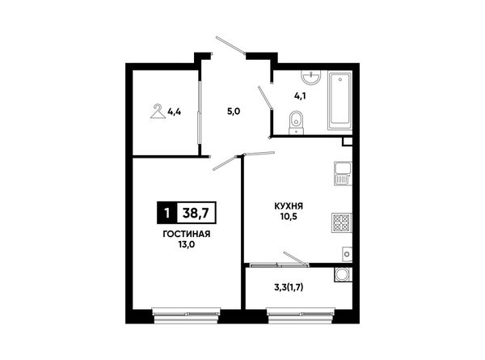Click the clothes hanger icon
coord(158,112)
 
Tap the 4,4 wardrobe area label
coord(174,112)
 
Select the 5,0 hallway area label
coord(234,112)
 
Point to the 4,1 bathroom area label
coord(300,96)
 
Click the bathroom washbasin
coord(311,77)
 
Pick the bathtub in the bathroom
coord(339,100)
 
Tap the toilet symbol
coord(297,123)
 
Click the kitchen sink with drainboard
coord(343,174)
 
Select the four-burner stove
coord(341,222)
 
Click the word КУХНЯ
coord(289,206)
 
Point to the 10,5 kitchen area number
coord(289,217)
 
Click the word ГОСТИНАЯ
coord(187,234)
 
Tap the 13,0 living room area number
coord(187,245)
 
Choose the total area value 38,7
coord(196,213)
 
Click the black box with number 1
coord(167,213)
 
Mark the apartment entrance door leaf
coord(230,45)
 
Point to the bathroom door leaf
coord(265,98)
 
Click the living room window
coord(187,316)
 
